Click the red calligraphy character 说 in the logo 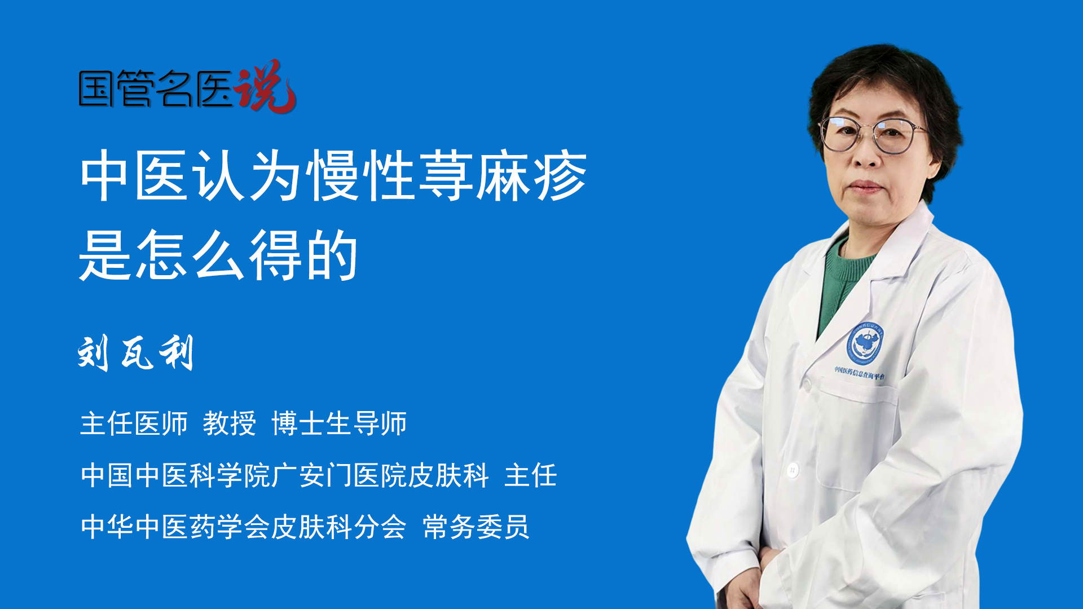(x=265, y=86)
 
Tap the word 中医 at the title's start (x=134, y=176)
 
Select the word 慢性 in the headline (x=361, y=176)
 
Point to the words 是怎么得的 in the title (x=219, y=255)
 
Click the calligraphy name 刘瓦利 (x=136, y=353)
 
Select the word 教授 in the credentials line (x=230, y=423)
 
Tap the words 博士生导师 (x=339, y=423)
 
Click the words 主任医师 (x=134, y=423)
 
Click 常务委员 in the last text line (x=476, y=527)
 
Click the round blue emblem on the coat (x=864, y=342)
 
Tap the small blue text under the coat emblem (x=860, y=373)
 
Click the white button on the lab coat (x=793, y=470)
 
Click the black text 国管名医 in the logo (x=156, y=89)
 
